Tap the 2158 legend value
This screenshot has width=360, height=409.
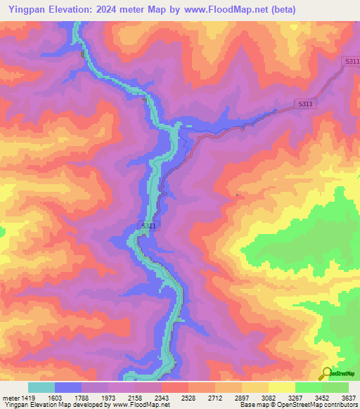[136, 397]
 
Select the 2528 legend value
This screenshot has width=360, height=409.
[189, 397]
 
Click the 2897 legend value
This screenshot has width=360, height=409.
[243, 397]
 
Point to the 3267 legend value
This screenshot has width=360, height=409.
[296, 397]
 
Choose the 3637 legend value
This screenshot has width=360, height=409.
[349, 397]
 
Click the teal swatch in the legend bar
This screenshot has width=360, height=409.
[41, 387]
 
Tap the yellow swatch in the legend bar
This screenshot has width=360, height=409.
[282, 387]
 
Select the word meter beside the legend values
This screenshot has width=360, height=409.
[11, 397]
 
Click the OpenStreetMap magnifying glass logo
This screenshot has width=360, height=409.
[326, 372]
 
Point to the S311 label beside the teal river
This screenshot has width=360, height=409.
[148, 225]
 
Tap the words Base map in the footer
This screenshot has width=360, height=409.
[250, 405]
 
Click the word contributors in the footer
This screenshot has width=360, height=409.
[340, 405]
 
